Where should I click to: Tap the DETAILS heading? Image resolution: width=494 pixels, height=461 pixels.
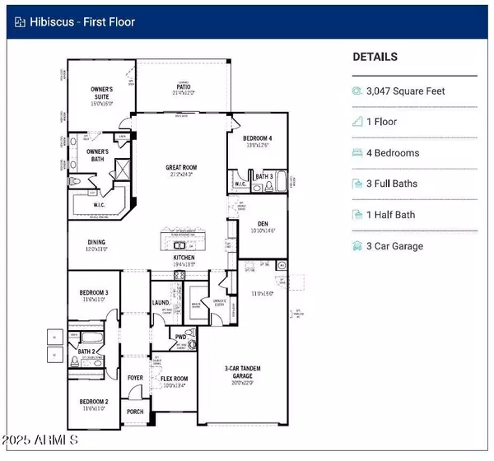coord(375,57)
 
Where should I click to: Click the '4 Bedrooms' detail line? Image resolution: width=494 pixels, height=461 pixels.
coord(393,152)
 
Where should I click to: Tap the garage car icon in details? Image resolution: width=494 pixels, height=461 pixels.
coord(357,246)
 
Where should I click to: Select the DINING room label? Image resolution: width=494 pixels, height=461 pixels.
coord(97,242)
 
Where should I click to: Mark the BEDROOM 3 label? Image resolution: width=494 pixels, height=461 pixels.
coord(94,293)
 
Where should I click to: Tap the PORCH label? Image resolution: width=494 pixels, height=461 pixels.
coord(135,412)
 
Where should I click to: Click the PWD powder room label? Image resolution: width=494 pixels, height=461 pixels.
coord(181,337)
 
